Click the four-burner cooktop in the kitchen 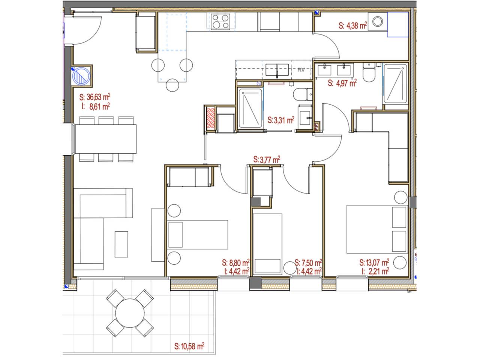(220, 21)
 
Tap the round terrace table (130, 313)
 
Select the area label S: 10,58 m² (189, 346)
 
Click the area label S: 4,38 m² (353, 25)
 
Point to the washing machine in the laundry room (378, 21)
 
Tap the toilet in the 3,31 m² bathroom (303, 94)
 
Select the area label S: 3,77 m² (267, 160)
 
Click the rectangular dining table (106, 139)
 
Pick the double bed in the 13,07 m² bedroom (377, 229)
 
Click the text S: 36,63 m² (95, 97)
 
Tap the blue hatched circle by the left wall (81, 76)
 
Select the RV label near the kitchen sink (301, 70)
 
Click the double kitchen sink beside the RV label (277, 70)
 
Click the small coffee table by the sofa (121, 244)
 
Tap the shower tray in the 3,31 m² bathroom (250, 108)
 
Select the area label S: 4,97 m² (342, 83)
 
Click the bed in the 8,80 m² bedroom (198, 235)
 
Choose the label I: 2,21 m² (375, 271)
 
